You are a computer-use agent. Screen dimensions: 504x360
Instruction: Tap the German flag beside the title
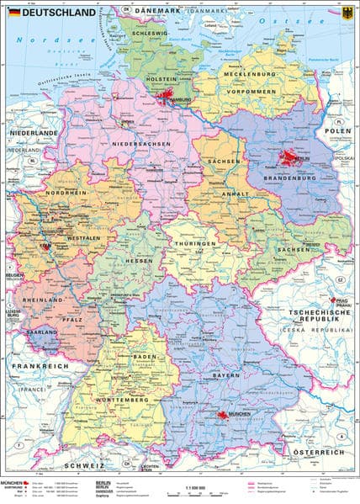tap(14, 12)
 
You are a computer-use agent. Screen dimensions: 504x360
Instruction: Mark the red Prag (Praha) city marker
tap(339, 302)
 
